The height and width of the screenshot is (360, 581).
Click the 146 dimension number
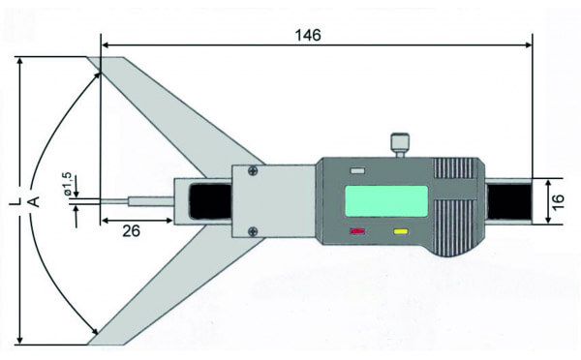[x=308, y=34]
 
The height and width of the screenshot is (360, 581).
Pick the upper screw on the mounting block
[x=252, y=172]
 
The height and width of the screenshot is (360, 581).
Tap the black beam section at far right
[x=509, y=201]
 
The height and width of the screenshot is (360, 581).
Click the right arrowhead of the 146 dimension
[x=529, y=44]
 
